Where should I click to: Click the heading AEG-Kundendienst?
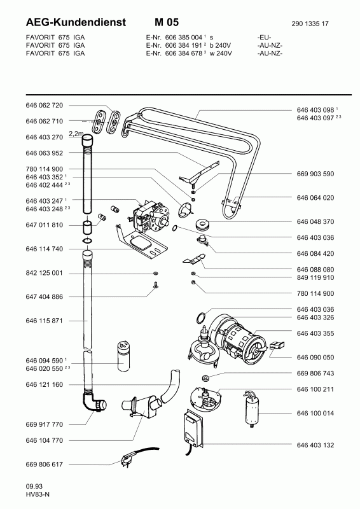click(76, 22)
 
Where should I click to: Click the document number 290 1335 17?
click(310, 24)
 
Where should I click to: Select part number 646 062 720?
click(44, 105)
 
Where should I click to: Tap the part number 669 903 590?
click(315, 174)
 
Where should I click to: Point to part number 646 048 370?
click(315, 221)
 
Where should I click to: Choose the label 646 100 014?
click(315, 413)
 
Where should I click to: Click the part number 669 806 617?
click(44, 464)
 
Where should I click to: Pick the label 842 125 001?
click(44, 273)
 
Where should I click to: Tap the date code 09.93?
click(34, 486)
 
